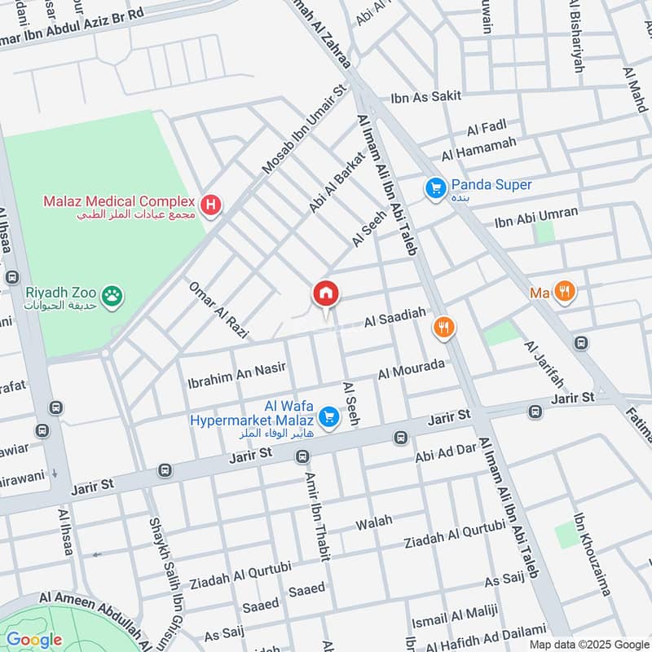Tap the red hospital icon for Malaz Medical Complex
pos(211,205)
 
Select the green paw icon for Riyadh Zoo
pos(112,298)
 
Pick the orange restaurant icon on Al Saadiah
pos(444,328)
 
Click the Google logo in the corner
pos(33,639)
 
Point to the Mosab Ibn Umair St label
pos(304,131)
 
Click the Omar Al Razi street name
pos(218,310)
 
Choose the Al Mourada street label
pos(412,369)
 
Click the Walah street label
pos(374,522)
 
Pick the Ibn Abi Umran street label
pos(536,218)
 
